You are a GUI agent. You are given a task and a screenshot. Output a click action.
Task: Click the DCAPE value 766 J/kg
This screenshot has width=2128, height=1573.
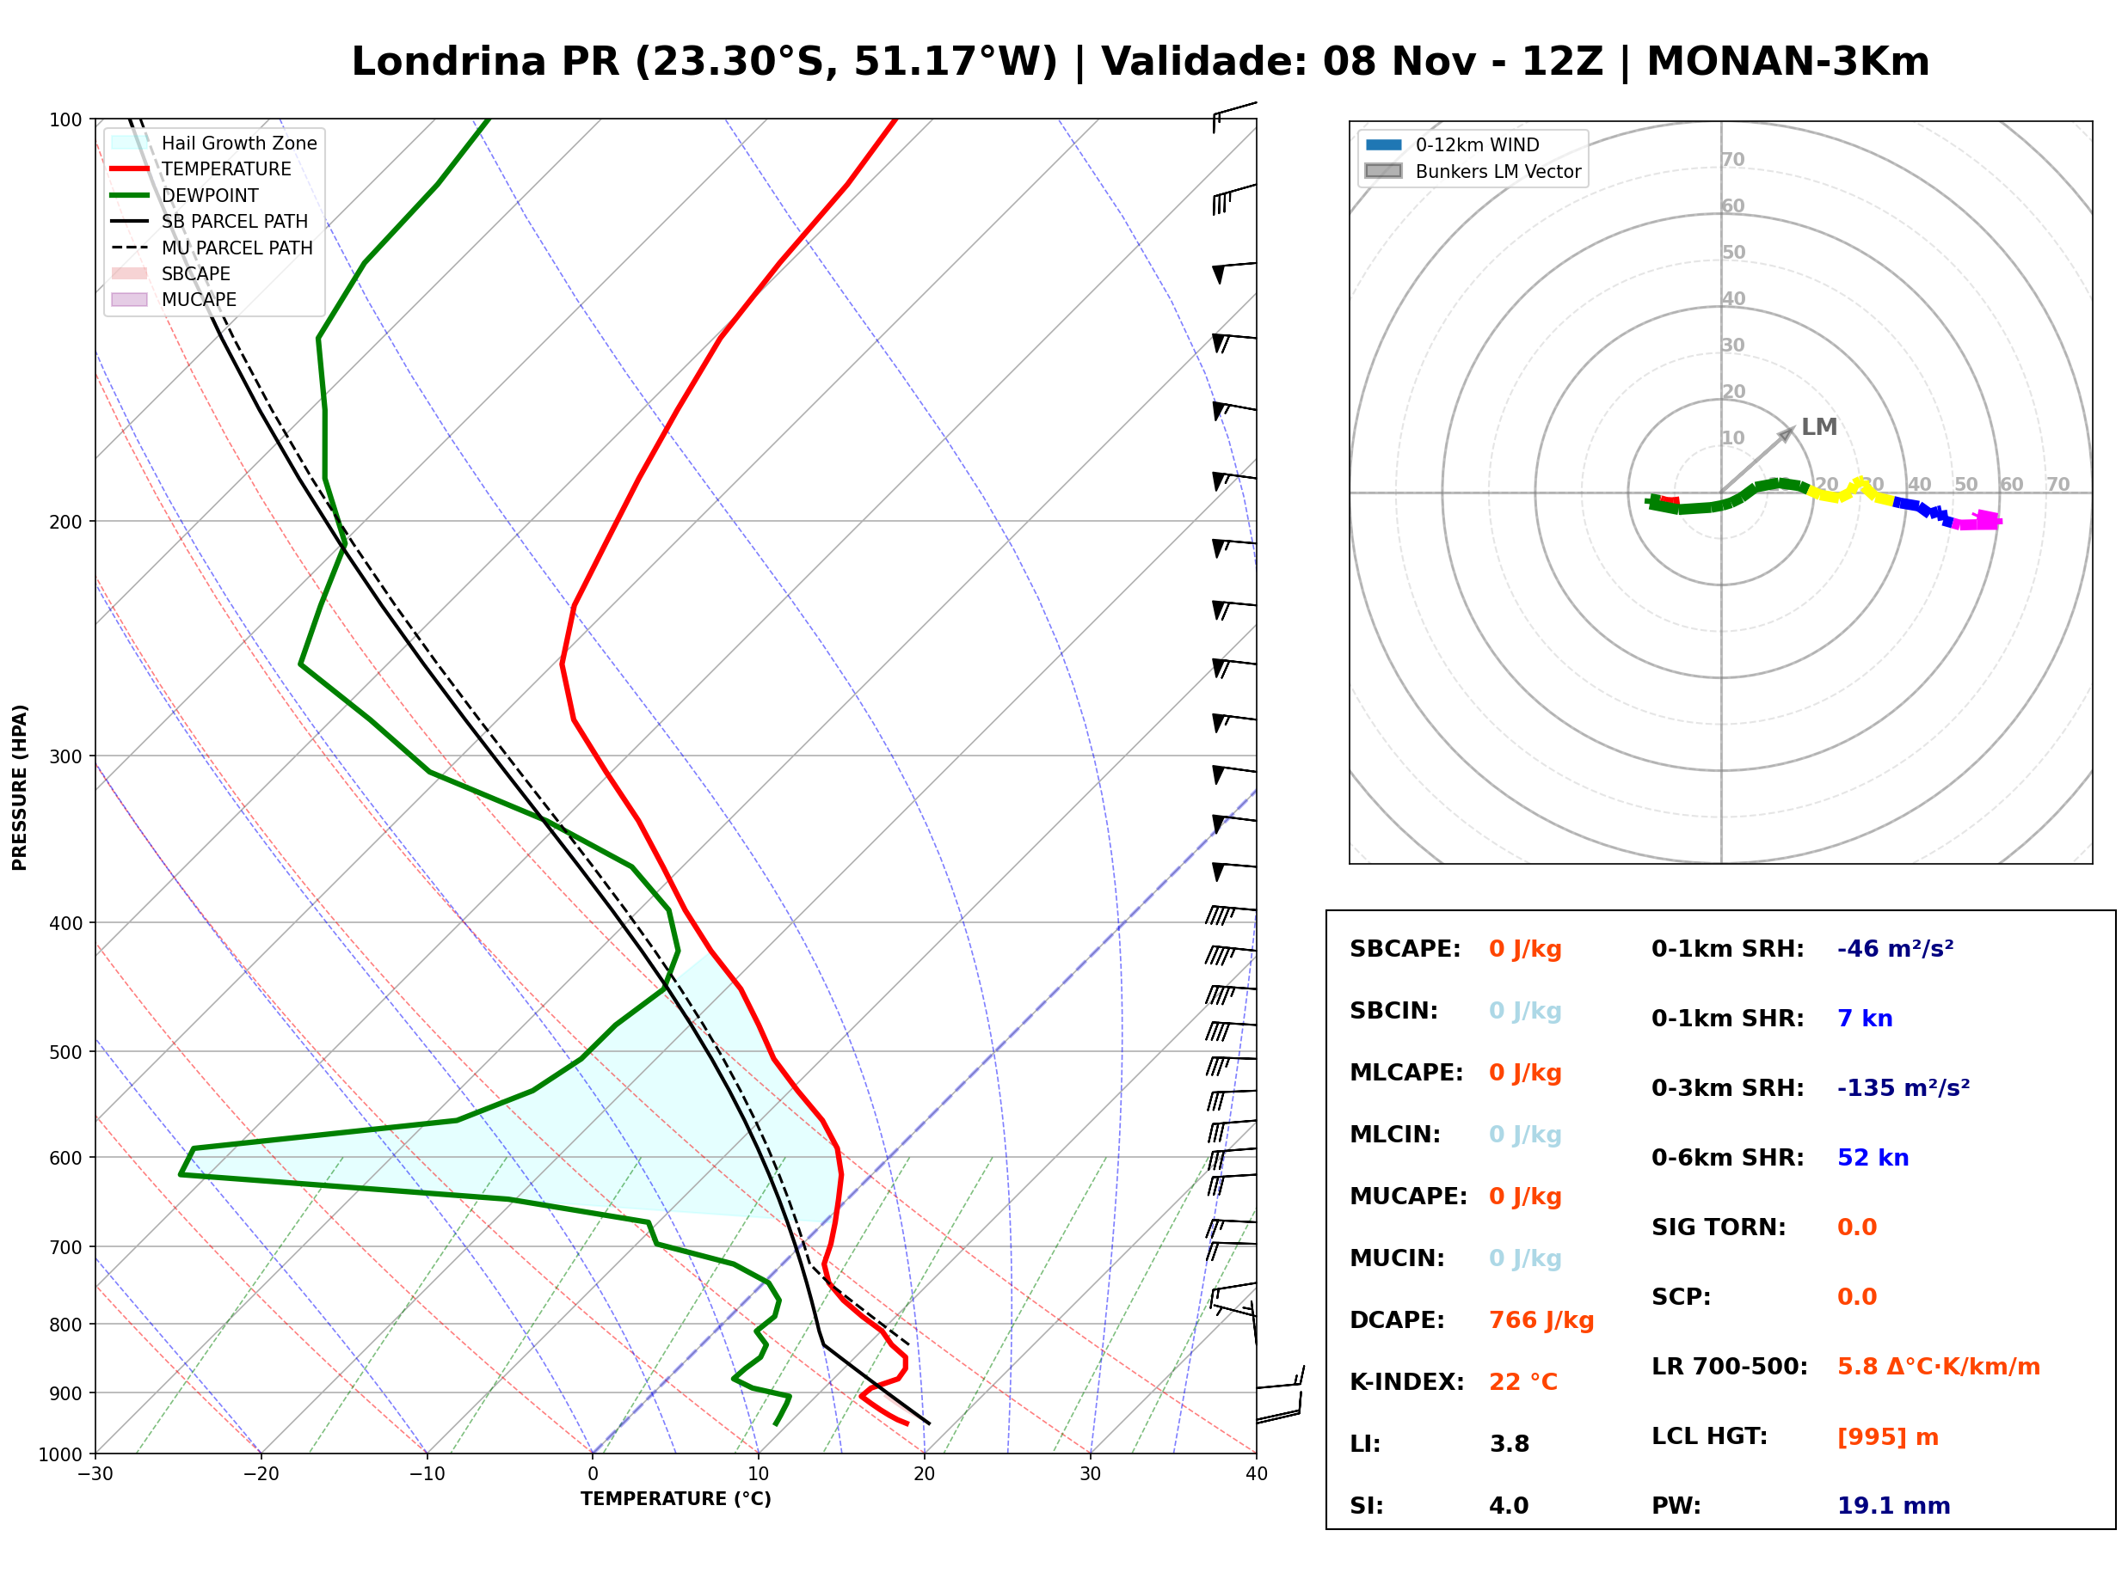pos(1541,1319)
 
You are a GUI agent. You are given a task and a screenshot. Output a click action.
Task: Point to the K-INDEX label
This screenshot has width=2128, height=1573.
pos(1407,1381)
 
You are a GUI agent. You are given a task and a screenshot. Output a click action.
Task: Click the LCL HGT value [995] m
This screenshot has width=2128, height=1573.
pos(1888,1437)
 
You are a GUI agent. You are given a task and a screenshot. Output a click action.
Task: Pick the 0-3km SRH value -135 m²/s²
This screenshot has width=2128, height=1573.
pos(1904,1087)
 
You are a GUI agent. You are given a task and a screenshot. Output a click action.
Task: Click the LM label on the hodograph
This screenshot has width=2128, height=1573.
pos(1819,426)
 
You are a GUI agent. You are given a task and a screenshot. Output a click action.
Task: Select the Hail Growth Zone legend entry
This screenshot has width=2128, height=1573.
pos(214,143)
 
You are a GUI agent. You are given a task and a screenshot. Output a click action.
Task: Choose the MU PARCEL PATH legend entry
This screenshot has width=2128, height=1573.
pos(212,248)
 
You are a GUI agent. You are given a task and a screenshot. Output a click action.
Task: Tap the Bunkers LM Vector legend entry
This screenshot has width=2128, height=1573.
pos(1473,171)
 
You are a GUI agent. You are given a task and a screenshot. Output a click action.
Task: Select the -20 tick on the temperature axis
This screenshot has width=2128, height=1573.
pos(260,1474)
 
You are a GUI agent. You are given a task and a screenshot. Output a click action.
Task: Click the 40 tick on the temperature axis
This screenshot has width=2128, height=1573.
pos(1257,1474)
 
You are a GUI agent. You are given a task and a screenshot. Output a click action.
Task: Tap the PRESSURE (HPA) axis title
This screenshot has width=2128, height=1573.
pos(20,787)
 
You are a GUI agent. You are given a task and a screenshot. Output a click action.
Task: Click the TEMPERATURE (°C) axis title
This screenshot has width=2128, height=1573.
pos(676,1499)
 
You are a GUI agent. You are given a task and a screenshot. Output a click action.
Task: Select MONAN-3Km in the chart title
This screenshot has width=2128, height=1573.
pos(1788,62)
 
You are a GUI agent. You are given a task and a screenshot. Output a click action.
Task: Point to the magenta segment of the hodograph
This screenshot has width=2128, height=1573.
pos(1977,521)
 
